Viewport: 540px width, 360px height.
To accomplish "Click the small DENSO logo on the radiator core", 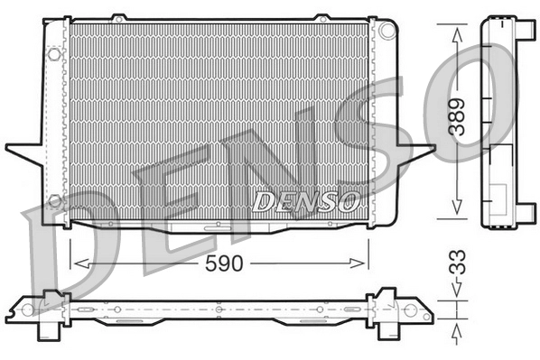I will pyautogui.click(x=307, y=200).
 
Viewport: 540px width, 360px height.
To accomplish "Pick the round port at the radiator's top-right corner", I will pyautogui.click(x=388, y=30).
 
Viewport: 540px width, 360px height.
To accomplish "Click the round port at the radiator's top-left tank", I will pyautogui.click(x=53, y=54).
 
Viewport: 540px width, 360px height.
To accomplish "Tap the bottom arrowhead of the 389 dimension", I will pyautogui.click(x=458, y=213).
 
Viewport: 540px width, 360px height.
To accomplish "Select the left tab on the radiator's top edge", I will pyautogui.click(x=118, y=16).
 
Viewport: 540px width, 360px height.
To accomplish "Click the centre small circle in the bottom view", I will pyautogui.click(x=219, y=310).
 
